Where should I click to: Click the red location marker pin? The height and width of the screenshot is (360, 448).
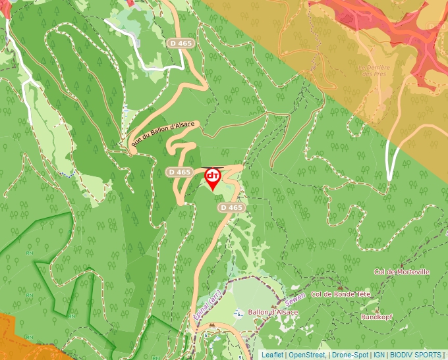[x=213, y=178]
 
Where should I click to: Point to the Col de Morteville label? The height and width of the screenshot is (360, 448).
[x=401, y=272]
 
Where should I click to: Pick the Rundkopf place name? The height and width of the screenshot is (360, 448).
[x=376, y=317]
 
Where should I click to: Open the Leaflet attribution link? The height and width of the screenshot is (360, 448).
[x=272, y=355]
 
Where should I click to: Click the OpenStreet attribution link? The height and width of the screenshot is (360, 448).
[x=308, y=355]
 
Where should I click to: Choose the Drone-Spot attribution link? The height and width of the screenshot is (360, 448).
[x=350, y=355]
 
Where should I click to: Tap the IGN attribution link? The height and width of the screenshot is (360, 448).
[x=379, y=355]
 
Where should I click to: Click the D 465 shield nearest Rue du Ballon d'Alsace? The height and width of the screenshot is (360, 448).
[x=179, y=172]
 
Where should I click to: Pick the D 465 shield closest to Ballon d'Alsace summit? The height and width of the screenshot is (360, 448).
[x=231, y=207]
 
